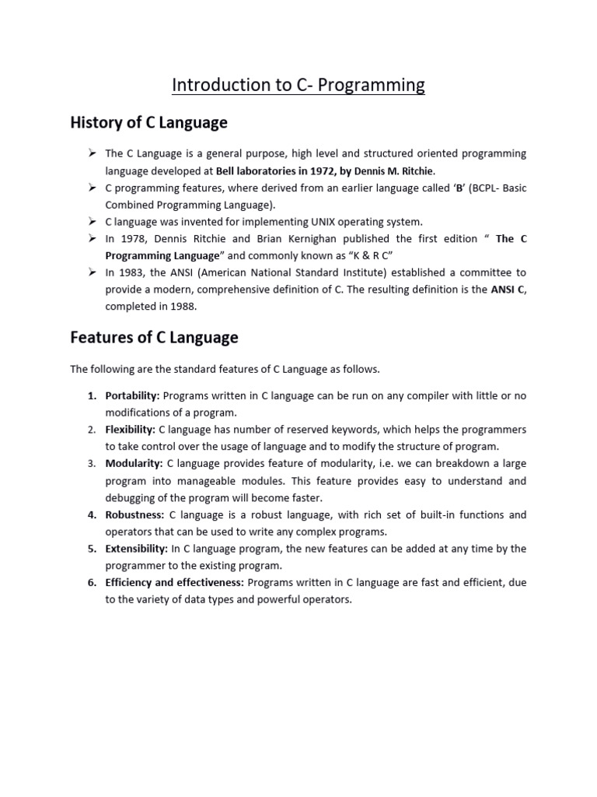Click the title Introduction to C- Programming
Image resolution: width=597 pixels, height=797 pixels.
coord(298,85)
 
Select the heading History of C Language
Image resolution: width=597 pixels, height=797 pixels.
coord(148,123)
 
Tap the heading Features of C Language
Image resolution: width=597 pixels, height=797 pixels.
coord(154,338)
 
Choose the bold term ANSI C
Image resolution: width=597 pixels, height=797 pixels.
coord(508,290)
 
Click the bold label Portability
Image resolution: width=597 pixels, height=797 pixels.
coord(132,396)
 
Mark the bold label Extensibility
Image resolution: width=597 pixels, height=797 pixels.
coord(137,549)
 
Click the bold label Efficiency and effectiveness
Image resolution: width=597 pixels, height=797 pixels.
coord(175,583)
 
